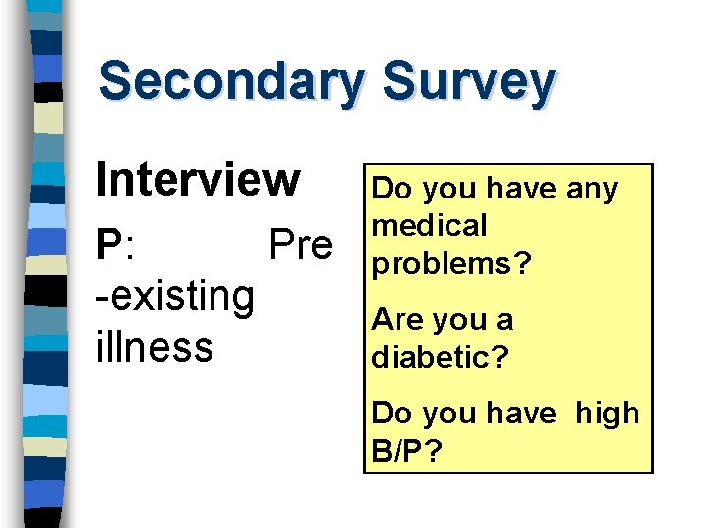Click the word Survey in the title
[470, 81]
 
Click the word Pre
[301, 244]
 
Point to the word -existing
[175, 296]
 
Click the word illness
[154, 346]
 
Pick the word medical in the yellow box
[430, 226]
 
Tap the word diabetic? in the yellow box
[441, 358]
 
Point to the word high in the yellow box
[606, 414]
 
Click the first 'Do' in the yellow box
[394, 188]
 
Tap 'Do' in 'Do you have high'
[392, 414]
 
